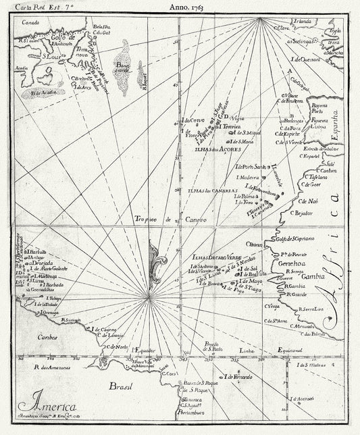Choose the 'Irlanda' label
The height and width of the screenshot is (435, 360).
coord(301,22)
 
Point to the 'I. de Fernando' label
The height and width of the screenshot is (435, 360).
coord(239,376)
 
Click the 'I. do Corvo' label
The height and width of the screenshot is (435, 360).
coord(193,121)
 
